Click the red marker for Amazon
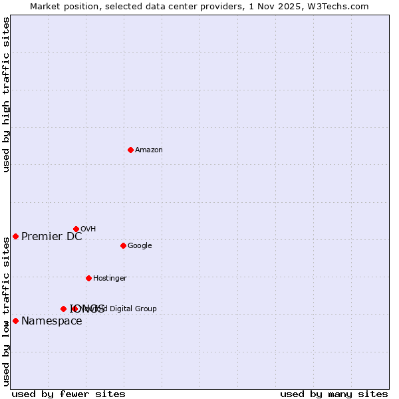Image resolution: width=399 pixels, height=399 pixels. point(130,150)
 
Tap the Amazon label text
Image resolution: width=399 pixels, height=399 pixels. point(149,150)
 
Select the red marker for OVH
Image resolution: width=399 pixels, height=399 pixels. point(76,229)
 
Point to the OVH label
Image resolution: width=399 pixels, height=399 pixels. point(88,229)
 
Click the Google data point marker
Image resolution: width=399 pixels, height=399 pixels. point(123,245)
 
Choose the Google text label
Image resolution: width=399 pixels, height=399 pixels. point(140,246)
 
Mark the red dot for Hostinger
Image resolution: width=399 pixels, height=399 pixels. point(88,278)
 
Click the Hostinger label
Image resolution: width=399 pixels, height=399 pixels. point(110,279)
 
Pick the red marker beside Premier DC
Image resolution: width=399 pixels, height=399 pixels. point(15,236)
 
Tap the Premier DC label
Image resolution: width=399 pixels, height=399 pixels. point(52,237)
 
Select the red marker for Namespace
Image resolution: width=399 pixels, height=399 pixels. point(15,321)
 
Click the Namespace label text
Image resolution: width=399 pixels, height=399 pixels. point(52,321)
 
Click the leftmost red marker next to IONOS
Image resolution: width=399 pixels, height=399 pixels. point(63,309)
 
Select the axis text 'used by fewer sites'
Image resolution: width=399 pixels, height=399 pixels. point(68,394)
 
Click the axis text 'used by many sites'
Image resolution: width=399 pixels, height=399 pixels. point(334,394)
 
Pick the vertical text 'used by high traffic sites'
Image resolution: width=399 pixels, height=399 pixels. point(6,94)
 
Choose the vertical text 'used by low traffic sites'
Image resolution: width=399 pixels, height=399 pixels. point(6,311)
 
